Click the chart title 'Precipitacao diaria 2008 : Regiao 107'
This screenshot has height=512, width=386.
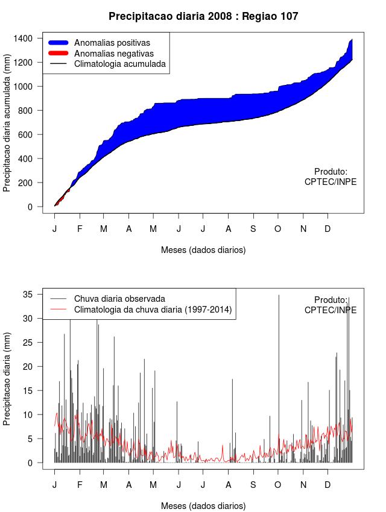203,17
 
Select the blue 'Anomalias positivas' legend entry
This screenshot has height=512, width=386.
112,43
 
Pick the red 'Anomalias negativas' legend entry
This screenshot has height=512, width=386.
113,53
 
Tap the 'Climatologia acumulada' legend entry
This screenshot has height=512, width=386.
119,63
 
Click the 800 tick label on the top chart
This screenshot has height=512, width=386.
26,111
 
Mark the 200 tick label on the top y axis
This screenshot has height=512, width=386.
26,183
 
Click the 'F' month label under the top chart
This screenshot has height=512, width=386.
79,229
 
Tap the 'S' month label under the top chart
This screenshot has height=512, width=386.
253,229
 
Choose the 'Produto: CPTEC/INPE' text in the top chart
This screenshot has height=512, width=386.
331,176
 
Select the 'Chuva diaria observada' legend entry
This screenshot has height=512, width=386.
119,298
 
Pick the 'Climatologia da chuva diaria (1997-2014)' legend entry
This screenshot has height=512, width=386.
153,310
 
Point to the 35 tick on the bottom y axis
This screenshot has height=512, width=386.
28,295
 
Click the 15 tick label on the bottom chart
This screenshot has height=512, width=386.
28,391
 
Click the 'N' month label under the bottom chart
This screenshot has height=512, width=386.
303,485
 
